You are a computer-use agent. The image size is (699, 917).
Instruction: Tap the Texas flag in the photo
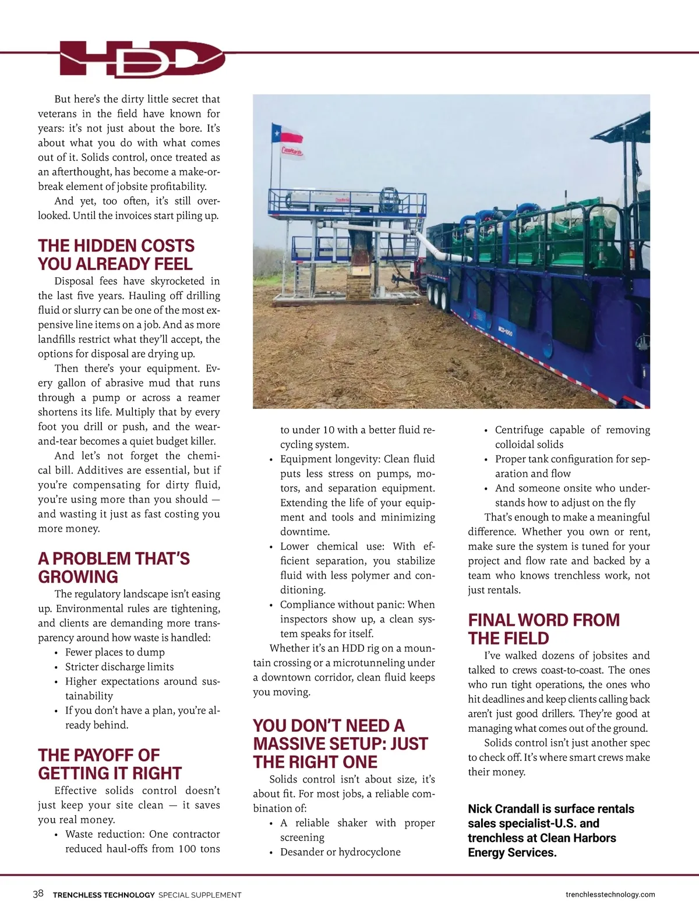click(288, 134)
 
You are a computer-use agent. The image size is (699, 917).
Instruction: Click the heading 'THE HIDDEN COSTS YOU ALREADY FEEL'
click(116, 254)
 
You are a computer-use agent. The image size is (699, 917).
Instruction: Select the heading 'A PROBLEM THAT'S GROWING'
click(114, 567)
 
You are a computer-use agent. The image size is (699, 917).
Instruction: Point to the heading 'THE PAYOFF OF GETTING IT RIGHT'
click(110, 764)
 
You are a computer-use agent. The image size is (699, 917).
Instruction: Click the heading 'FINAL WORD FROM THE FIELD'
click(543, 629)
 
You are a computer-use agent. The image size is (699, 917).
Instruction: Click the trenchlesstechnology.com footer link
click(610, 894)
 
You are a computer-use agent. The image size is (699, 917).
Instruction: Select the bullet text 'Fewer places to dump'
click(115, 652)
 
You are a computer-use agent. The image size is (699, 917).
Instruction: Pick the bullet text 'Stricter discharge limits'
click(119, 667)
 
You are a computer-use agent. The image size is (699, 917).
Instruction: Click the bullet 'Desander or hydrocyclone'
click(340, 852)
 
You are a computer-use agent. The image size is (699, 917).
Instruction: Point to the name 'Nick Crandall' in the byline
click(503, 809)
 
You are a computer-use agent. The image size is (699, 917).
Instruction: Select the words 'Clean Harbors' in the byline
click(578, 838)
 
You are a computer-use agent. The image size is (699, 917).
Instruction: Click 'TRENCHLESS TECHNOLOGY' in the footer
click(104, 895)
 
